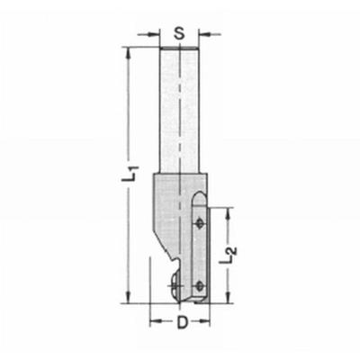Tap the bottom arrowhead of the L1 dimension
click(130, 304)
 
